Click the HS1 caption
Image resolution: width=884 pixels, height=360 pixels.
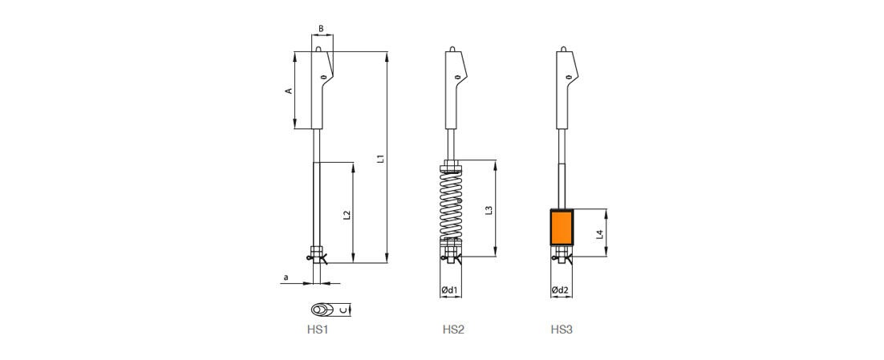(318, 330)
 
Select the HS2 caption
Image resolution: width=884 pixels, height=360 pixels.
(453, 330)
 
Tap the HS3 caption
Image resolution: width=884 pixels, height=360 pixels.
(562, 330)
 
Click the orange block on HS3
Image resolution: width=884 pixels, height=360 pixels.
(562, 228)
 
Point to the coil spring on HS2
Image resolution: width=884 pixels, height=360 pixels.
(451, 204)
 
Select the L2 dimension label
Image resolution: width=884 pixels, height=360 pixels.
(347, 215)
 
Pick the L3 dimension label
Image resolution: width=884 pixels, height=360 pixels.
(489, 210)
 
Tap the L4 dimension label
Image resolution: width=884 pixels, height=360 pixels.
(600, 234)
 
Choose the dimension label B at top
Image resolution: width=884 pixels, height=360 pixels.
(321, 28)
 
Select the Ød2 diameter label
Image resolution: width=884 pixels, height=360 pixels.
(560, 290)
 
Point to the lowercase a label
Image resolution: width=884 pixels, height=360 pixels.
(286, 277)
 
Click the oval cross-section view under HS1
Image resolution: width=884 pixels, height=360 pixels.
(322, 309)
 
